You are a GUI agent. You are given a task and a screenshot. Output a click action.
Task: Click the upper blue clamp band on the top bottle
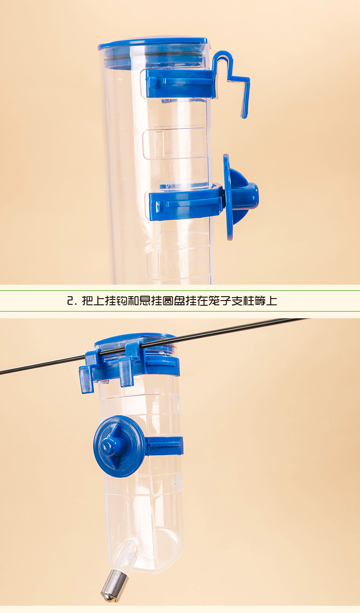(180, 83)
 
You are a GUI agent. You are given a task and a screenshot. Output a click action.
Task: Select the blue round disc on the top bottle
(228, 197)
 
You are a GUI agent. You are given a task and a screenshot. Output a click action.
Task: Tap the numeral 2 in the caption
(71, 301)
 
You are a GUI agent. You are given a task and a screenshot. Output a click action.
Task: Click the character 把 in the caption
(87, 301)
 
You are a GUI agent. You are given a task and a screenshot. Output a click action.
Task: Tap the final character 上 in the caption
(272, 301)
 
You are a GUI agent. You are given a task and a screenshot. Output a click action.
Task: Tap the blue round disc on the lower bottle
(119, 446)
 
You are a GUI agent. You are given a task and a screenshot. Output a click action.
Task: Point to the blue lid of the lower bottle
(135, 339)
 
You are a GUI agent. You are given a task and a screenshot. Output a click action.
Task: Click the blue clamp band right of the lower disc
(164, 446)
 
